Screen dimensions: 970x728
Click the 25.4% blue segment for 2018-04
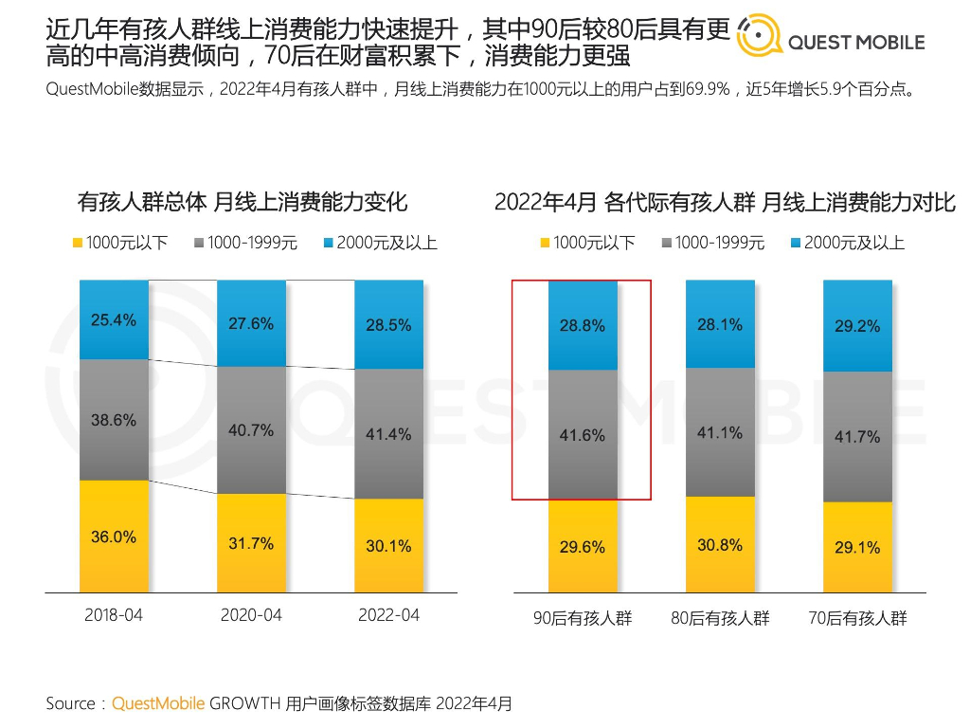(x=114, y=319)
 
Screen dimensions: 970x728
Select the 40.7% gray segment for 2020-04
(x=251, y=429)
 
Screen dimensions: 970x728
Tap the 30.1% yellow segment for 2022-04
(x=388, y=546)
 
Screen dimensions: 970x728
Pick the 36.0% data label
(x=114, y=537)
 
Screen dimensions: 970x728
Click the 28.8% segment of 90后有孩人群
(x=582, y=325)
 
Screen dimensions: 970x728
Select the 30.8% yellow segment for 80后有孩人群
(x=720, y=545)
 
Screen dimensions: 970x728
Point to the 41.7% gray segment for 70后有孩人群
(x=857, y=437)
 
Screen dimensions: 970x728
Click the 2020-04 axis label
(x=251, y=615)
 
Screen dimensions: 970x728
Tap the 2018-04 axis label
(x=114, y=615)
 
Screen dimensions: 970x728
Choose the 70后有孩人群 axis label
(x=857, y=619)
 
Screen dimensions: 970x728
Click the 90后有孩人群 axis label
(x=582, y=619)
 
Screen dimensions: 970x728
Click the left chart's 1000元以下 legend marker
(x=78, y=243)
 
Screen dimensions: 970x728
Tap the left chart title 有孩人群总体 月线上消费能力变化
(x=242, y=202)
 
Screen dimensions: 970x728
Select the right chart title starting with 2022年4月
(x=725, y=202)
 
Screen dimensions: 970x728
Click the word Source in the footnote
(x=70, y=703)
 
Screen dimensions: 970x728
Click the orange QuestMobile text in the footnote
(x=158, y=703)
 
